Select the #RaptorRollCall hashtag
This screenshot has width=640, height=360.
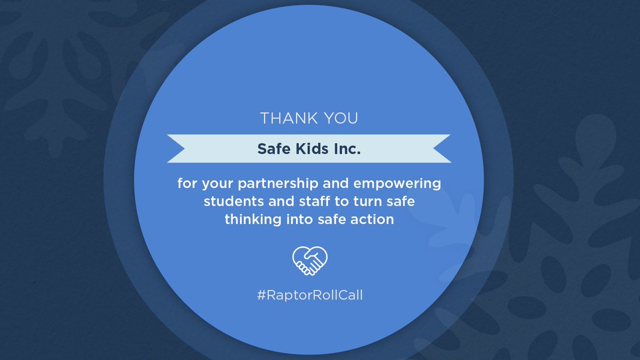coord(309,295)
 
